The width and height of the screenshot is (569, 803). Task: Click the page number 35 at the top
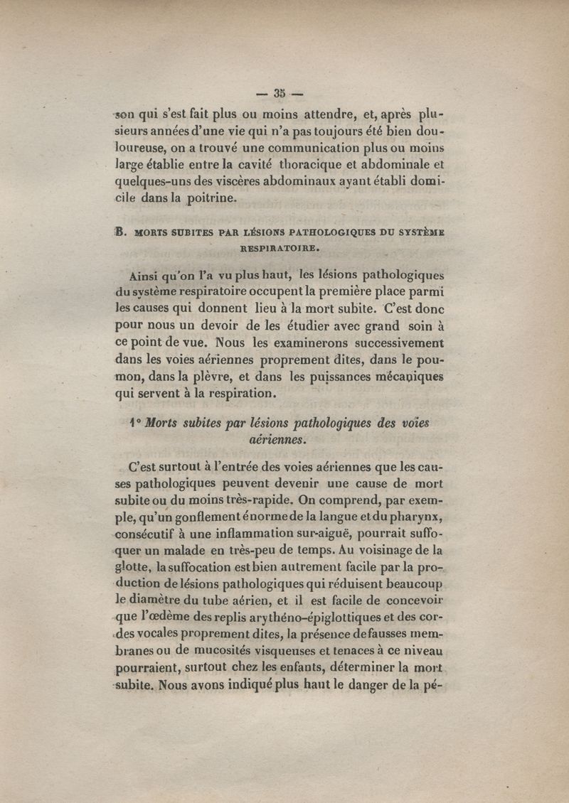(279, 92)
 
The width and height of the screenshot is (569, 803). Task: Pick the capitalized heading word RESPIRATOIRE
(280, 249)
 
